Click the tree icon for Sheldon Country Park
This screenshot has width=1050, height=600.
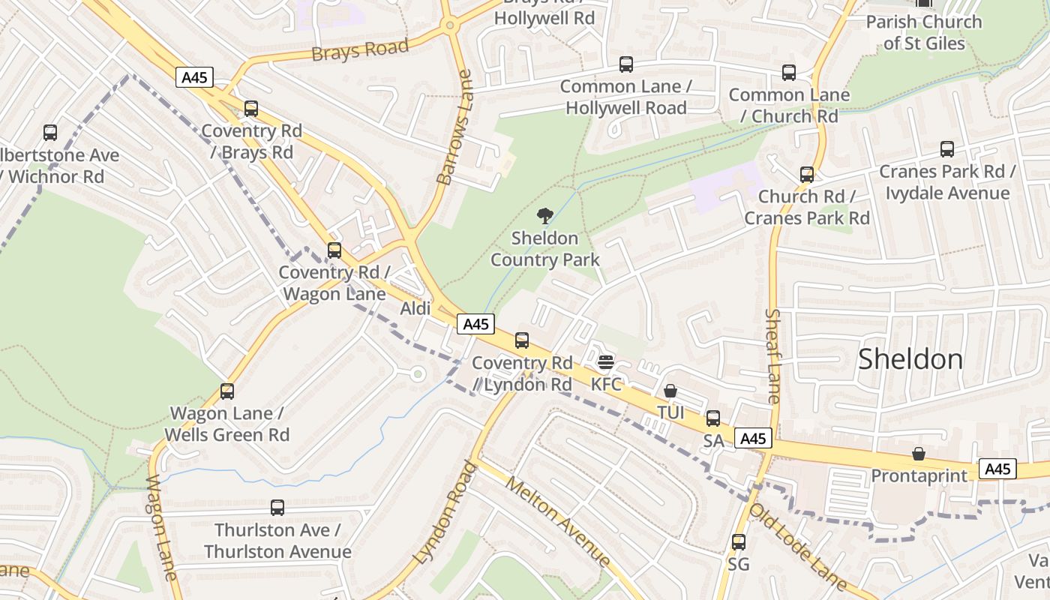coord(545,216)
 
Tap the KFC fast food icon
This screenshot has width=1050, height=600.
coord(606,362)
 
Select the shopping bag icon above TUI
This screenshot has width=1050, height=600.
coord(670,391)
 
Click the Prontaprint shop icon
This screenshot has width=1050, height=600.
coord(919,454)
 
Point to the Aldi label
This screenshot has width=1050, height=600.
coord(415,308)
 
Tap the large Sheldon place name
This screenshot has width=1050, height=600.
coord(910,358)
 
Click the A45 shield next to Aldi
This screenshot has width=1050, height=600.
coord(476,324)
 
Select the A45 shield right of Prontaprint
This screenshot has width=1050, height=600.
coord(997,469)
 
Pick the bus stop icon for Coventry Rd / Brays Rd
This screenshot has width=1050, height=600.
coord(251,109)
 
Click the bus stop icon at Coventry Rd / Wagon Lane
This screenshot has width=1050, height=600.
coord(334,250)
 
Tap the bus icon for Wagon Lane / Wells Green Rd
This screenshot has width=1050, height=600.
coord(227,391)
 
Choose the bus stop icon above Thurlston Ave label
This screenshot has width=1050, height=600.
coord(277,508)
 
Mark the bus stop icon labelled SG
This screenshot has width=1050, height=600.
coord(739,541)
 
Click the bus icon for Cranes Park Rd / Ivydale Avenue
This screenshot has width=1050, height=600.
coord(947,149)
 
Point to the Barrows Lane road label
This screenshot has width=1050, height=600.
coord(455,127)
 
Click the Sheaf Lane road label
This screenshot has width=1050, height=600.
coord(773,355)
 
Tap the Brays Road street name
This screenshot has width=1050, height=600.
coord(360,50)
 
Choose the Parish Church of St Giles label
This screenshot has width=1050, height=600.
coord(924,32)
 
